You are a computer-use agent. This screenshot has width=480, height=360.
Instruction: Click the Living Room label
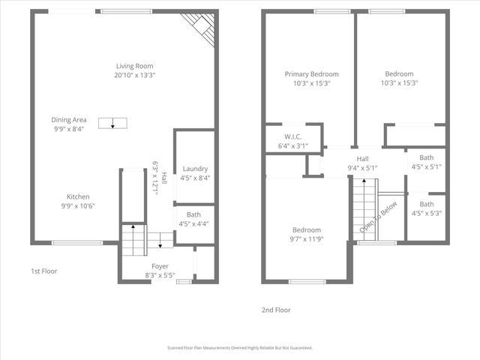click(x=135, y=65)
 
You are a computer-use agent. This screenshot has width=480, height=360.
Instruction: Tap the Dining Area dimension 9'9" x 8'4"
click(x=68, y=129)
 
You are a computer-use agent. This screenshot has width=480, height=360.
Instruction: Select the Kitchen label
click(x=78, y=196)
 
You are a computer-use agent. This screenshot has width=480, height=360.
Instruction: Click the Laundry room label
click(x=195, y=169)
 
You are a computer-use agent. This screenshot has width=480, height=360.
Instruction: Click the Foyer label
click(x=160, y=266)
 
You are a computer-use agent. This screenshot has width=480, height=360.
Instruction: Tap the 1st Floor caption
click(x=43, y=271)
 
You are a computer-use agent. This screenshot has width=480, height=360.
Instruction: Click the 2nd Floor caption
click(x=277, y=310)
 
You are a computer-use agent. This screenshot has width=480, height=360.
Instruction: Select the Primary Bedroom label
click(x=311, y=74)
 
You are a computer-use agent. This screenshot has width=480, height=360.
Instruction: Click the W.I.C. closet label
click(x=292, y=136)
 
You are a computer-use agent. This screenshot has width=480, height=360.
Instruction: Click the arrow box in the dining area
click(x=112, y=124)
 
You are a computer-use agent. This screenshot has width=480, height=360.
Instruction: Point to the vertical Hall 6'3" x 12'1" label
click(x=156, y=178)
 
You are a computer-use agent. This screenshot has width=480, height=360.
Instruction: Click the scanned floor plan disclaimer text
click(x=240, y=348)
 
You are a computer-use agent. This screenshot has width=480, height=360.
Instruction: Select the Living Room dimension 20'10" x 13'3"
click(x=135, y=75)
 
